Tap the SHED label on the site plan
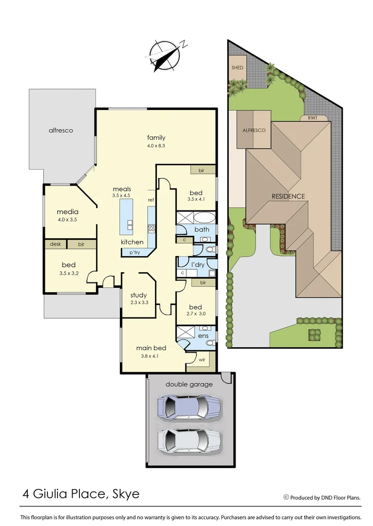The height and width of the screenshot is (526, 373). point(237,68)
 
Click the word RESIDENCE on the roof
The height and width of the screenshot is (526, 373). point(288,196)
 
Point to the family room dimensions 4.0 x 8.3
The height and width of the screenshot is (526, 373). point(156,146)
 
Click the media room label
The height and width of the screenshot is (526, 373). point(67,212)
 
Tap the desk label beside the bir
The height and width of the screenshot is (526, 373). point(55,244)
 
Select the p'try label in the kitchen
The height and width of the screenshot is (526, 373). point(135,252)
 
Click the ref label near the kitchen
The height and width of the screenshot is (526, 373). point(151,200)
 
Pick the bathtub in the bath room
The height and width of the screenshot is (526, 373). point(196,217)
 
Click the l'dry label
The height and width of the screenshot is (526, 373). point(197,264)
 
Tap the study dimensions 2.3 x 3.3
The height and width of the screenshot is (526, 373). point(139,302)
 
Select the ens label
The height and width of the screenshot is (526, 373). point(203,336)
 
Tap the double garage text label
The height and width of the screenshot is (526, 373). point(189,384)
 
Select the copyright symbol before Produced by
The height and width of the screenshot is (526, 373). point(286,497)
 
